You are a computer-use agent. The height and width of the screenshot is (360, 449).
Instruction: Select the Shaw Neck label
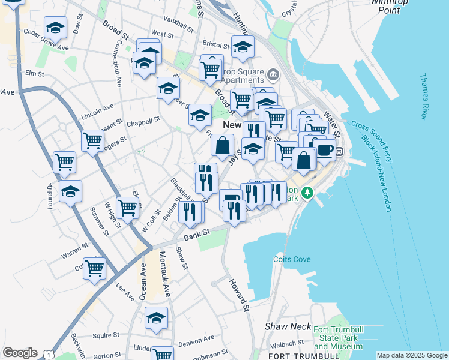(288, 327)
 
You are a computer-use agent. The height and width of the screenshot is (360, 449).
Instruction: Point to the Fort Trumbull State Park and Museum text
(337, 337)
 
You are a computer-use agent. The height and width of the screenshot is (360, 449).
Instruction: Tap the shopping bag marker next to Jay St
(223, 145)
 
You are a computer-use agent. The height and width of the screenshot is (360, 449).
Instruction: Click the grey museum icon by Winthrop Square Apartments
(273, 74)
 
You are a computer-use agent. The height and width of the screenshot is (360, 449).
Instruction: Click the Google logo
(20, 353)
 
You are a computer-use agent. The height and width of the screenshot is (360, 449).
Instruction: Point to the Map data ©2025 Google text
(412, 355)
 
